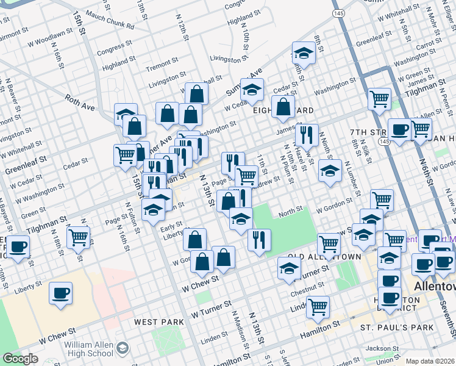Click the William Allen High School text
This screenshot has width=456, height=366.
pos(89,349)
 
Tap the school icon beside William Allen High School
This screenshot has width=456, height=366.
pos(123,348)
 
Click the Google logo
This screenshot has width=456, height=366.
pos(20,359)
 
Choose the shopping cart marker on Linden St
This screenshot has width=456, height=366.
pos(318,307)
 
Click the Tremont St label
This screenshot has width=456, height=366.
pos(161,62)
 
